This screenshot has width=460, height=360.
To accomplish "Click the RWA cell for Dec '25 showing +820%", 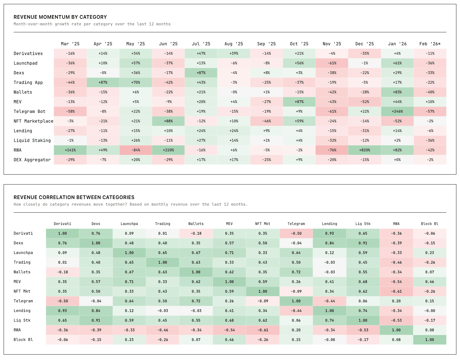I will (364, 150).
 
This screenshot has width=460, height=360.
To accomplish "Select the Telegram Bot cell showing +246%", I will (397, 111).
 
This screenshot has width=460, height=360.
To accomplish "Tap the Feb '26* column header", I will (430, 44).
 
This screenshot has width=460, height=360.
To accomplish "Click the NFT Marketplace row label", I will (33, 121).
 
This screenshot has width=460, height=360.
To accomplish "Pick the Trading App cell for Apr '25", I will (103, 82).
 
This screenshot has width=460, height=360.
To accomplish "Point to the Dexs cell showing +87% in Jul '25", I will (201, 73).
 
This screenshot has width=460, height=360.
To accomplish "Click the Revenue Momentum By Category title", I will (60, 17).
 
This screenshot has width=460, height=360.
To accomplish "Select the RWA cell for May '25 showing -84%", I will (136, 150).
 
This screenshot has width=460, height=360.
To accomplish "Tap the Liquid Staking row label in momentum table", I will (32, 140).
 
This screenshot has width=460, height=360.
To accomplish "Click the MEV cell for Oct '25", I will (299, 102).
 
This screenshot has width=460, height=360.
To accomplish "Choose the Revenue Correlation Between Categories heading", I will (74, 197).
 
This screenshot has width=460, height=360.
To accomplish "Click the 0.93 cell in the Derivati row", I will (329, 233).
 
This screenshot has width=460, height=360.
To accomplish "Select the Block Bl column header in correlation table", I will (429, 224).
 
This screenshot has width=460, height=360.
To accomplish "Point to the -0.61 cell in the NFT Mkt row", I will (396, 291).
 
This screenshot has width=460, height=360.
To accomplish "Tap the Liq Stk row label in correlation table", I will (22, 320).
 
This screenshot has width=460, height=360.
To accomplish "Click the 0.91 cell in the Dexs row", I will (363, 243).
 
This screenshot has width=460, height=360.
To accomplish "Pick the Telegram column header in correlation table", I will (296, 224).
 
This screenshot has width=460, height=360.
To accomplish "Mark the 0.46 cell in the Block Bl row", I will (229, 340).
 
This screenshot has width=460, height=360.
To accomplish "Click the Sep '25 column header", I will (266, 44).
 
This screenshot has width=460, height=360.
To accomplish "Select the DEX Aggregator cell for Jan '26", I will (397, 160).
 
